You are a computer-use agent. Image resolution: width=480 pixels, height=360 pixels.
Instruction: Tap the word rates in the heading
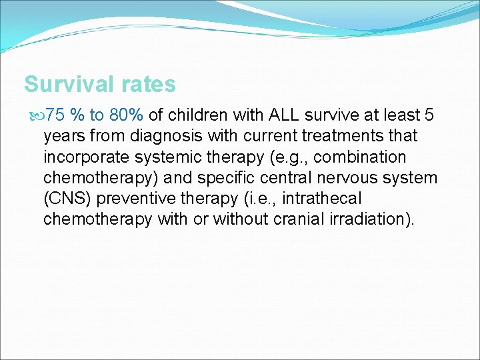(148, 85)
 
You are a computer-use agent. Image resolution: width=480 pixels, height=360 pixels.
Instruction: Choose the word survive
(339, 115)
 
